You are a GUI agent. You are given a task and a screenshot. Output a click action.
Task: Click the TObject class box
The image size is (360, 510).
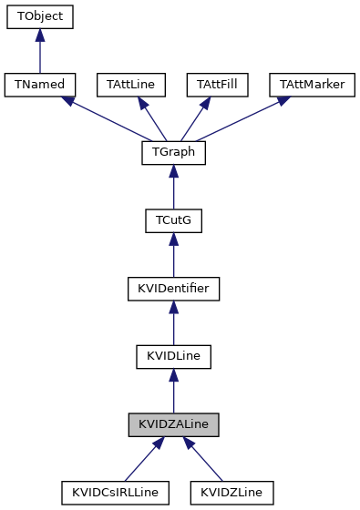pyautogui.click(x=39, y=16)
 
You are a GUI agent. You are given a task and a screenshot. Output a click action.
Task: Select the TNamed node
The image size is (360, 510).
pyautogui.click(x=39, y=85)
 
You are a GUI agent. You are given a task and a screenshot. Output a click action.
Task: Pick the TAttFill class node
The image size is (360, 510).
pyautogui.click(x=217, y=85)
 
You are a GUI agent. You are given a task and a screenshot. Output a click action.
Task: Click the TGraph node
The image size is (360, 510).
pyautogui.click(x=173, y=153)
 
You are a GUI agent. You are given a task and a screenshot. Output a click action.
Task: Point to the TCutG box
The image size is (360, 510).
pyautogui.click(x=173, y=220)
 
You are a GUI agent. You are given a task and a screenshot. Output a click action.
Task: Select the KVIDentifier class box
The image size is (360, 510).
pyautogui.click(x=173, y=289)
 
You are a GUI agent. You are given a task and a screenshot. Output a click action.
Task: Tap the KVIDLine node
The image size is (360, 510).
pyautogui.click(x=173, y=356)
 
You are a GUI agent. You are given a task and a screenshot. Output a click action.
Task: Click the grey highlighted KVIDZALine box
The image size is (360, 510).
pyautogui.click(x=173, y=424)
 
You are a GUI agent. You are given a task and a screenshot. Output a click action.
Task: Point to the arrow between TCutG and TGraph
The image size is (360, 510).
pyautogui.click(x=173, y=189)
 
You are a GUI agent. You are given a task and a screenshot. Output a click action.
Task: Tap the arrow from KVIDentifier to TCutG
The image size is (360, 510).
pyautogui.click(x=173, y=257)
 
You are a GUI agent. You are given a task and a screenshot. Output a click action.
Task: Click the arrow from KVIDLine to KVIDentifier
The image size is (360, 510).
pyautogui.click(x=173, y=325)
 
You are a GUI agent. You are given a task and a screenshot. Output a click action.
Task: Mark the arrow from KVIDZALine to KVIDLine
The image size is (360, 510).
pyautogui.click(x=173, y=393)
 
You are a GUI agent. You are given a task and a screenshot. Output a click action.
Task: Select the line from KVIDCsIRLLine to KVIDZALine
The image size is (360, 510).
pyautogui.click(x=142, y=460)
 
